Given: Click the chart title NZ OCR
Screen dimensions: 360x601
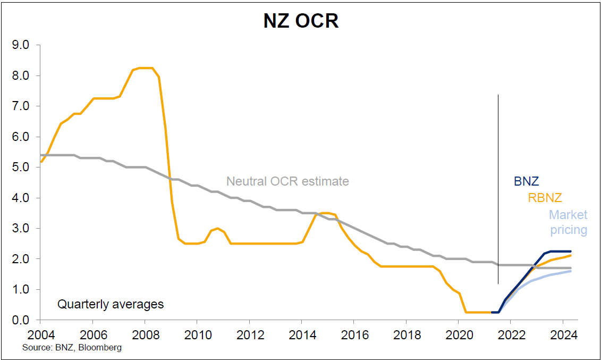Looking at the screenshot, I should [x=301, y=21].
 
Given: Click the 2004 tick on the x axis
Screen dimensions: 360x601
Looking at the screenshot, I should [x=40, y=336].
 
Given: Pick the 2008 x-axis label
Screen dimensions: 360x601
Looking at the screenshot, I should [x=145, y=336].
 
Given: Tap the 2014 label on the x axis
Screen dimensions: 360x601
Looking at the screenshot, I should [x=301, y=336].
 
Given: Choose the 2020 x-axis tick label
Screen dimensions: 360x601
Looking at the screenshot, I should [x=459, y=336].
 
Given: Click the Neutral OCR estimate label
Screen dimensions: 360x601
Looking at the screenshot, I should [x=287, y=181].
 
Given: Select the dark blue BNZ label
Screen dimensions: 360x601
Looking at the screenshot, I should [x=526, y=181].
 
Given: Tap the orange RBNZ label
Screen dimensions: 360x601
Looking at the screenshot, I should [x=545, y=198].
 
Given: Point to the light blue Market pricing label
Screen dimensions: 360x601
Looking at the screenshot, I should [x=568, y=222].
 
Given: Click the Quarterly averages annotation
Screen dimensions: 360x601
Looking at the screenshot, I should [x=111, y=305].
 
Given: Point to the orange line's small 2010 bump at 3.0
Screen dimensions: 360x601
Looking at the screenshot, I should [x=217, y=228].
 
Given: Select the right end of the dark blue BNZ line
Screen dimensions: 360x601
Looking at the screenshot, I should [x=570, y=252].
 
